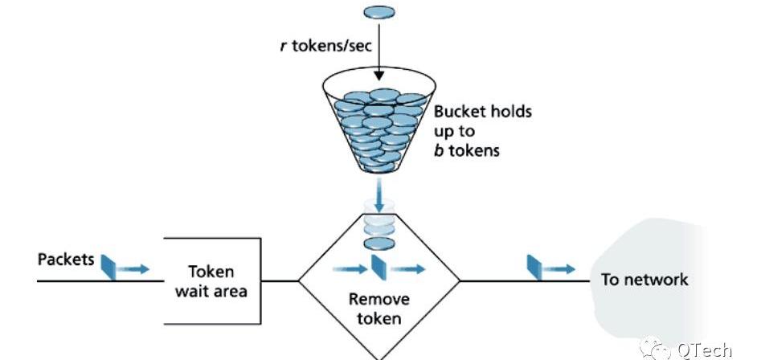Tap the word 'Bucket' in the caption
pos(459,111)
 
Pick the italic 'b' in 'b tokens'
pos(439,149)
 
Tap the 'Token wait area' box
pos(211,280)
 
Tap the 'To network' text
pos(644,280)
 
